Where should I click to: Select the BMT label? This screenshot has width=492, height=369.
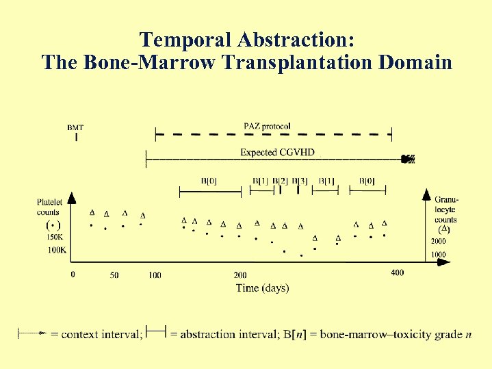pyautogui.click(x=75, y=127)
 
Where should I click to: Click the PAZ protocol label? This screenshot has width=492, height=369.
pyautogui.click(x=267, y=126)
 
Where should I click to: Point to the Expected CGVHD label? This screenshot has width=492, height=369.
pyautogui.click(x=277, y=152)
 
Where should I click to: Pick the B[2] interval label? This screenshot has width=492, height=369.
pyautogui.click(x=280, y=181)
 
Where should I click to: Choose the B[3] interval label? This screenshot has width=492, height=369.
pyautogui.click(x=299, y=181)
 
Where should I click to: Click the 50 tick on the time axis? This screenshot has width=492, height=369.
pyautogui.click(x=114, y=275)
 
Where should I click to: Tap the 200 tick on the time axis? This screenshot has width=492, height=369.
pyautogui.click(x=239, y=275)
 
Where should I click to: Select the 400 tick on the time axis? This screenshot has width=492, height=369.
pyautogui.click(x=397, y=273)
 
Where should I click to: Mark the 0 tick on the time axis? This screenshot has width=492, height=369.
pyautogui.click(x=73, y=275)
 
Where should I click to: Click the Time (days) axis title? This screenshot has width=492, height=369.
pyautogui.click(x=262, y=288)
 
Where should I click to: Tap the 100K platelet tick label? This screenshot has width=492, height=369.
pyautogui.click(x=56, y=251)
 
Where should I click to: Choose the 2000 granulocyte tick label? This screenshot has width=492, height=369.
pyautogui.click(x=438, y=242)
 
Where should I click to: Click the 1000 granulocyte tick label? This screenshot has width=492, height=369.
pyautogui.click(x=438, y=255)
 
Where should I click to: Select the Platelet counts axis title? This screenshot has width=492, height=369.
pyautogui.click(x=49, y=207)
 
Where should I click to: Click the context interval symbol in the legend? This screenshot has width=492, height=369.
pyautogui.click(x=32, y=334)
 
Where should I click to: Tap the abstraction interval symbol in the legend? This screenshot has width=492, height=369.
pyautogui.click(x=156, y=333)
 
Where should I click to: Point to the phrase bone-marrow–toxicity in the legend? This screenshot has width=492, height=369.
pyautogui.click(x=373, y=335)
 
